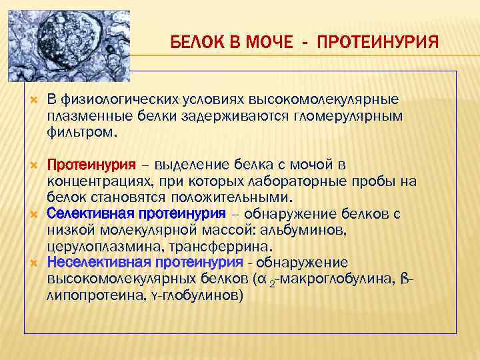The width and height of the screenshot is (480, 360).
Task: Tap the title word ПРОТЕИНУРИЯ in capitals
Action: pos(378,43)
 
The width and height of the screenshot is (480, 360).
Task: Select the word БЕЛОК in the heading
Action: pos(195,43)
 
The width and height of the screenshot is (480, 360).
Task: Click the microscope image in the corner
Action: pos(67,40)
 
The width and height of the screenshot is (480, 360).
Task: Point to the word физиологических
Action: pos(119,99)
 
